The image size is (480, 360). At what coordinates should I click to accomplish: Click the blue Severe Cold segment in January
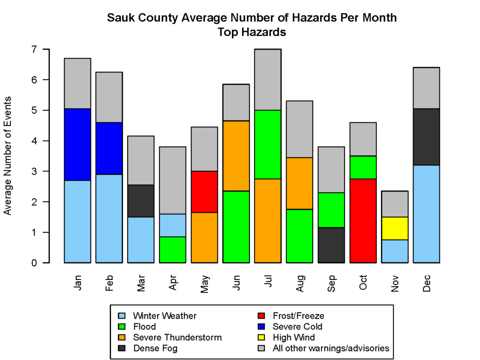pyautogui.click(x=77, y=144)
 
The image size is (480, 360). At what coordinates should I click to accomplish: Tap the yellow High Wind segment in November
pyautogui.click(x=394, y=228)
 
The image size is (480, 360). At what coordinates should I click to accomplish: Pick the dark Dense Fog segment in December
pyautogui.click(x=426, y=137)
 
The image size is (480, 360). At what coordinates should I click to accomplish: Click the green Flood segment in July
pyautogui.click(x=268, y=144)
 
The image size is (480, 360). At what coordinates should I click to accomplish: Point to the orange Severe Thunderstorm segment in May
pyautogui.click(x=204, y=237)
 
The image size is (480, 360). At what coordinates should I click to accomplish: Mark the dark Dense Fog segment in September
pyautogui.click(x=331, y=245)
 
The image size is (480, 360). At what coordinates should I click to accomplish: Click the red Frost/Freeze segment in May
pyautogui.click(x=204, y=192)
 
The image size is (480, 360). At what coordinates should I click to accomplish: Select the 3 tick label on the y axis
pyautogui.click(x=34, y=172)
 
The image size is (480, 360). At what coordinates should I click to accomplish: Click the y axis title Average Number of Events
pyautogui.click(x=8, y=156)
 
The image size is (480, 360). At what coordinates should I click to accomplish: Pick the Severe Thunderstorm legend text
pyautogui.click(x=177, y=337)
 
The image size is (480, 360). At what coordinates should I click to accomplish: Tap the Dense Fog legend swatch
pyautogui.click(x=122, y=348)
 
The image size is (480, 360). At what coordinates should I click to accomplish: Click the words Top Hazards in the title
pyautogui.click(x=252, y=33)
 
